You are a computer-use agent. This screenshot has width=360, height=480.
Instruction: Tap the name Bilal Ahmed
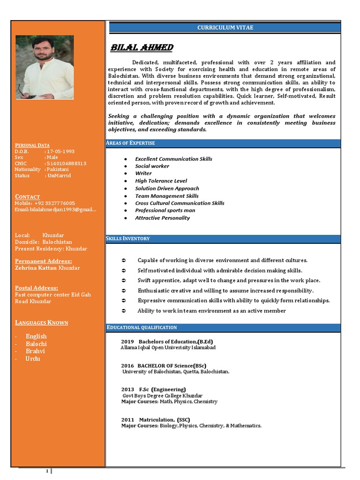click(142, 48)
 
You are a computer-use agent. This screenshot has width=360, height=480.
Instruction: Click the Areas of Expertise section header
click(131, 142)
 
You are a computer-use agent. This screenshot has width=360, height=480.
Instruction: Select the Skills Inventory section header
click(128, 239)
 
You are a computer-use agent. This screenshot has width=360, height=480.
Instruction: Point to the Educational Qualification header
click(142, 327)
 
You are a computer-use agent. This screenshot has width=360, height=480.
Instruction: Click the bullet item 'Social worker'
click(152, 166)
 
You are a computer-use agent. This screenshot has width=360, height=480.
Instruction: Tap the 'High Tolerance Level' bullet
click(161, 181)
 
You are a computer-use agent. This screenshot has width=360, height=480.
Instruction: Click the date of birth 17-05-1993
click(60, 151)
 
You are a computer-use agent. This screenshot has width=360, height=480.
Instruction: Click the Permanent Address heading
click(44, 261)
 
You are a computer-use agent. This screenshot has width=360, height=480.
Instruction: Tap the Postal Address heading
click(37, 288)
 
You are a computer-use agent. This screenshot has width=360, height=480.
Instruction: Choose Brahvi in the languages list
click(36, 351)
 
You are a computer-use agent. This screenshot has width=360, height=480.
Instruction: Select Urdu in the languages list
click(33, 359)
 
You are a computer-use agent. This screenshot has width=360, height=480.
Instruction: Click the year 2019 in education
click(127, 342)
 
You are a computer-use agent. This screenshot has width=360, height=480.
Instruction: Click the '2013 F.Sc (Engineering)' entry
click(153, 390)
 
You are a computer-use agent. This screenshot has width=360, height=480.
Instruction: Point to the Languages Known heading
click(42, 322)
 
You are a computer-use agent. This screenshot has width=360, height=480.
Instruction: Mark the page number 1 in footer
click(47, 471)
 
